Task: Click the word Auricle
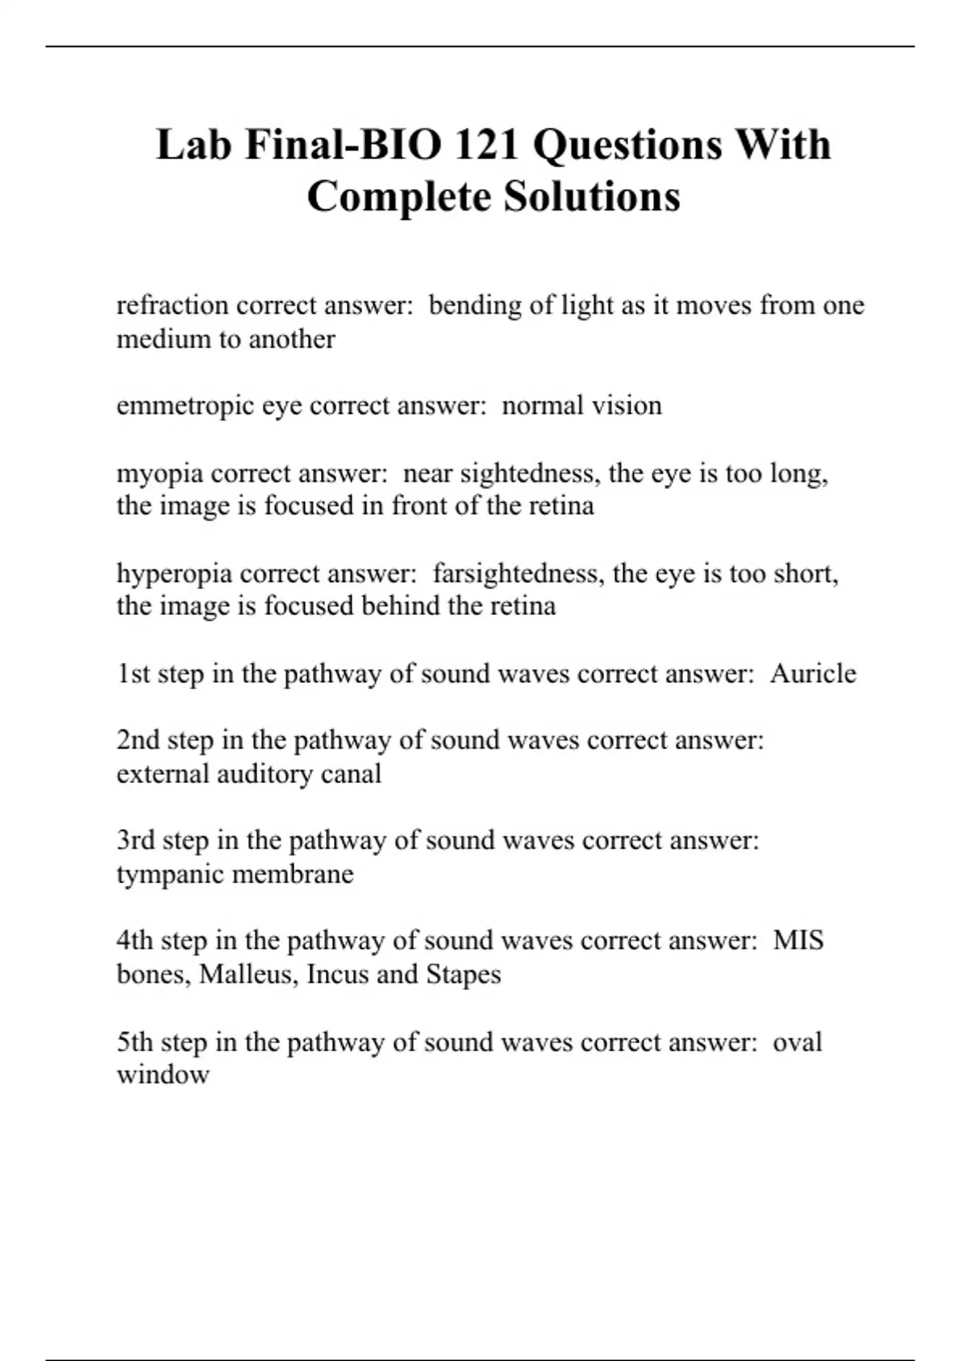(813, 673)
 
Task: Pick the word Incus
(334, 974)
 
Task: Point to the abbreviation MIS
(798, 940)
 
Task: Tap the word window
(163, 1074)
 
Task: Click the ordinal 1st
(134, 673)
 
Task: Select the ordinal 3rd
(135, 841)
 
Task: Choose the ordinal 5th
(135, 1042)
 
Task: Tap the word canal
(351, 774)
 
